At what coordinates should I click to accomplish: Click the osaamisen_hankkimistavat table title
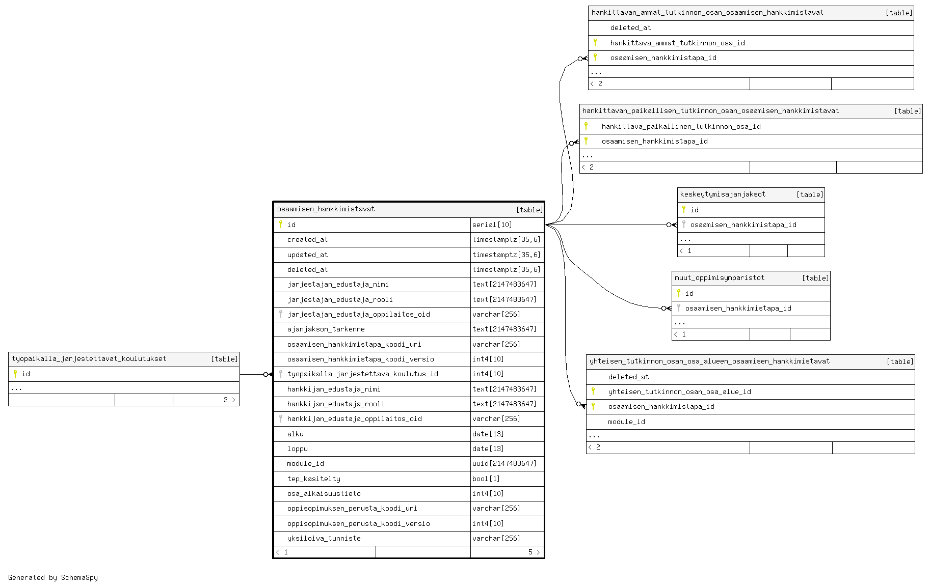click(326, 209)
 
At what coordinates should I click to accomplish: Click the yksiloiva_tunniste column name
click(324, 538)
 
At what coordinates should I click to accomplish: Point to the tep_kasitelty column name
click(313, 479)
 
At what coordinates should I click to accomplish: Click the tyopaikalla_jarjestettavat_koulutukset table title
click(89, 359)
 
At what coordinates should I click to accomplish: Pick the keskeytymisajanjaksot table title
click(723, 194)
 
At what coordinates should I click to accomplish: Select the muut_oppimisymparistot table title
click(720, 278)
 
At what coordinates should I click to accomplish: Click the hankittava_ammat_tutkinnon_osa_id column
click(677, 43)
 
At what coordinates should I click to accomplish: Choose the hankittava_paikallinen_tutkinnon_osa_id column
click(681, 126)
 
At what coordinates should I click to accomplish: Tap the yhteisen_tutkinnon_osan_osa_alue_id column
click(679, 392)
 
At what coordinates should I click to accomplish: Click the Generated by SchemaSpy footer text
click(53, 577)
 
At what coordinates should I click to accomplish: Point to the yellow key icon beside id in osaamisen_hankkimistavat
click(280, 224)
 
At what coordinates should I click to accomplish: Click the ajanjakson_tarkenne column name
click(326, 329)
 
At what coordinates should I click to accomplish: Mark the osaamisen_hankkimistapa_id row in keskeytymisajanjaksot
click(751, 225)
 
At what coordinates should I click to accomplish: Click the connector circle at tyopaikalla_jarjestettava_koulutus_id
click(265, 375)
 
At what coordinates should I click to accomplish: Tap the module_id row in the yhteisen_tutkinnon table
click(750, 422)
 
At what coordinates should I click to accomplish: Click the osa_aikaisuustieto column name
click(324, 493)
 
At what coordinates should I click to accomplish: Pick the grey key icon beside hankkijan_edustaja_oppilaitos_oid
click(280, 418)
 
